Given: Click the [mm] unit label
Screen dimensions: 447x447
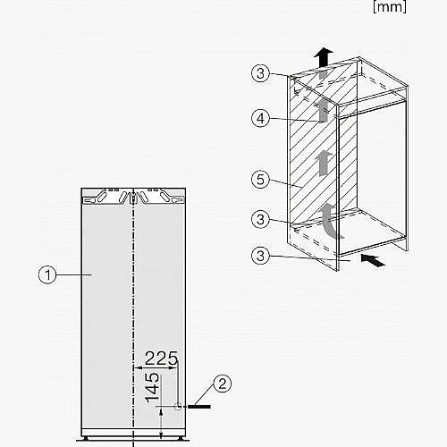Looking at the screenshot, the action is (x=390, y=6).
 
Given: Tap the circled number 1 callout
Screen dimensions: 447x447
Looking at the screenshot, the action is (x=47, y=274).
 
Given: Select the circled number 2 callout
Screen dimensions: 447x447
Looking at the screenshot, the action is (x=223, y=384).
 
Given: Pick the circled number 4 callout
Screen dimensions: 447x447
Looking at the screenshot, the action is (x=260, y=118).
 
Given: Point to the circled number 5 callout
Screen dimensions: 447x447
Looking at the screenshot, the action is (x=260, y=180).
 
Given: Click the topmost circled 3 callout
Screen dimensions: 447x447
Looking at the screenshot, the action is (x=260, y=73).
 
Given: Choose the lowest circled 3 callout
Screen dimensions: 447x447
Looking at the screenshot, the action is (x=260, y=256).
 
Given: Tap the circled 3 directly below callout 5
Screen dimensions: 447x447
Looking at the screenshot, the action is (x=260, y=220).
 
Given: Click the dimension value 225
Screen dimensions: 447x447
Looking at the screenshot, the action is (x=161, y=358).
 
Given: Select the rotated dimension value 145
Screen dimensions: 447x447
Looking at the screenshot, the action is (x=152, y=387).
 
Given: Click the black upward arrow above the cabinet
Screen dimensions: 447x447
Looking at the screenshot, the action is (x=324, y=58).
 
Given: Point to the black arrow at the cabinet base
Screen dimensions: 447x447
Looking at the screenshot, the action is (x=373, y=259).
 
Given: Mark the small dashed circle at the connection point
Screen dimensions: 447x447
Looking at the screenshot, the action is (x=178, y=407).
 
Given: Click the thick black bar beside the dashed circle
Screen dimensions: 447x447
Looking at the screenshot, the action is (x=199, y=407).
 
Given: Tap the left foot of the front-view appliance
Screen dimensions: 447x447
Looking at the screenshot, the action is (x=86, y=438).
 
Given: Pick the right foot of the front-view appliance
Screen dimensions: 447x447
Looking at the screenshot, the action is (x=181, y=438).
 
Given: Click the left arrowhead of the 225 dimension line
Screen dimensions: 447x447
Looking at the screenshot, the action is (x=138, y=368).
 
